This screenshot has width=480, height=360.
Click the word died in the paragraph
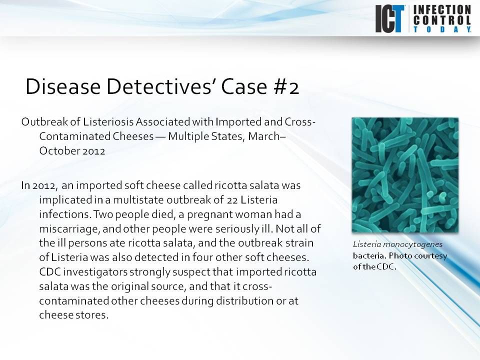(156, 214)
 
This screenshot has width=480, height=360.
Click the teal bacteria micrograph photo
(404, 174)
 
